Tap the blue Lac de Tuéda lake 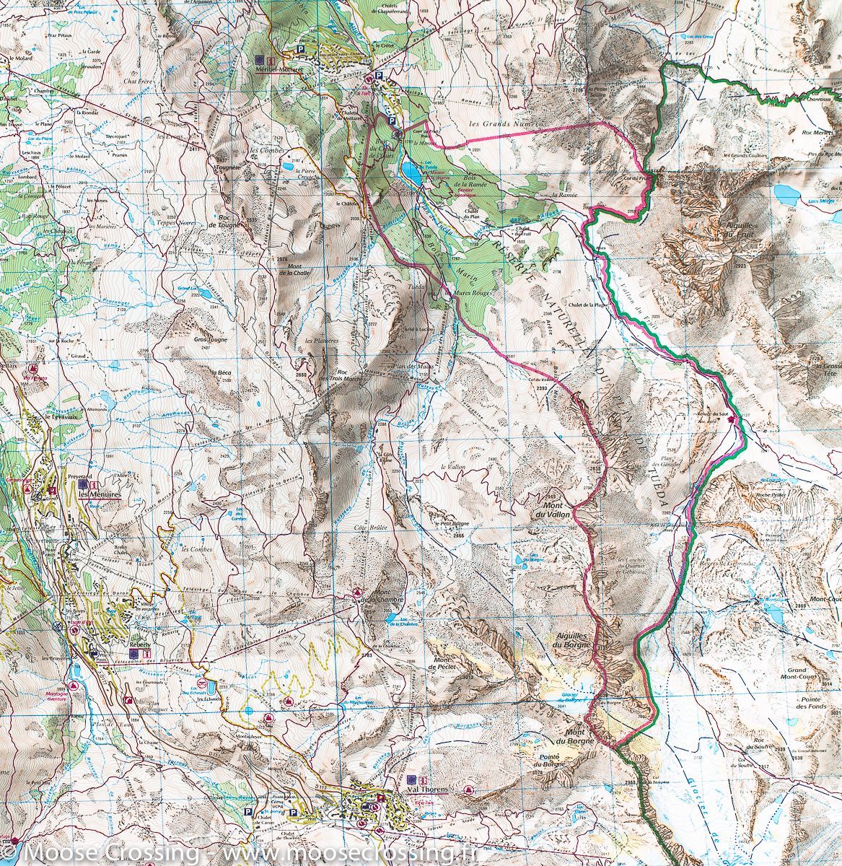coord(411,173)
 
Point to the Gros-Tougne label coord(209,338)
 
